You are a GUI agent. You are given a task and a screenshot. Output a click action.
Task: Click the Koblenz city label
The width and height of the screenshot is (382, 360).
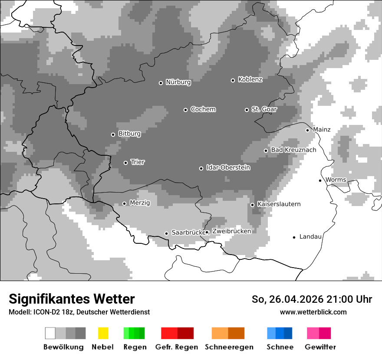[250, 79]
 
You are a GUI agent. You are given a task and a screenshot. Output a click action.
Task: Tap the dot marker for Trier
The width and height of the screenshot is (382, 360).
[126, 163]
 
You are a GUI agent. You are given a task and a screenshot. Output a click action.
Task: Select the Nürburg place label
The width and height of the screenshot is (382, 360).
[178, 82]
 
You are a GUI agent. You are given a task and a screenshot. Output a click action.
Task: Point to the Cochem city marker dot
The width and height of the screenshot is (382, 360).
[185, 110]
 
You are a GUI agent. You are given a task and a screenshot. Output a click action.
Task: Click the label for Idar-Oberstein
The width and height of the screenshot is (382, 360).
[228, 167]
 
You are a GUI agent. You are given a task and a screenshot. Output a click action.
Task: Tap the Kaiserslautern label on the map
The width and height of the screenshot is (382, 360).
[279, 204]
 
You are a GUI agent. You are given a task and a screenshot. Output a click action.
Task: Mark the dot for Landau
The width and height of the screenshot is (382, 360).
[294, 237]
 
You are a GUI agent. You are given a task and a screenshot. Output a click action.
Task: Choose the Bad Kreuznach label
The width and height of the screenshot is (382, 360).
[293, 150]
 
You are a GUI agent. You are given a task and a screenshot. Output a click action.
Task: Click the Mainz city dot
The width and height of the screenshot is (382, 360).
[307, 130]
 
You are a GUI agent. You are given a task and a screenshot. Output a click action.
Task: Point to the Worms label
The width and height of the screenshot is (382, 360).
[336, 180]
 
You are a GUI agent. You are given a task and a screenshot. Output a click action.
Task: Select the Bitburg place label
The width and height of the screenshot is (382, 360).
[129, 134]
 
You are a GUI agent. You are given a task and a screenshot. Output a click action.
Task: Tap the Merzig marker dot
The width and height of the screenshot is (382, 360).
[125, 203]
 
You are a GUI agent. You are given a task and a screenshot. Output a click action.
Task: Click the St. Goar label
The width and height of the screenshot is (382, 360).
[264, 109]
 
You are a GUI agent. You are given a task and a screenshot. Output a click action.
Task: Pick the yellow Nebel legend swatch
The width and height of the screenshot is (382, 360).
[103, 333]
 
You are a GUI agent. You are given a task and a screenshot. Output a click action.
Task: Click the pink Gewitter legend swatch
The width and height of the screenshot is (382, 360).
[313, 333]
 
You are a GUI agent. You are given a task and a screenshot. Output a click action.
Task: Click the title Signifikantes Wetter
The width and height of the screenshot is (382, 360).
[72, 299]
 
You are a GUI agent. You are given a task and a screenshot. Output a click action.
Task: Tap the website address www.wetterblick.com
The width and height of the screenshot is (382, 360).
[313, 312]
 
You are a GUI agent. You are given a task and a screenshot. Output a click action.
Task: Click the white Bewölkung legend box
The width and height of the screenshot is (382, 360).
[50, 333]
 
